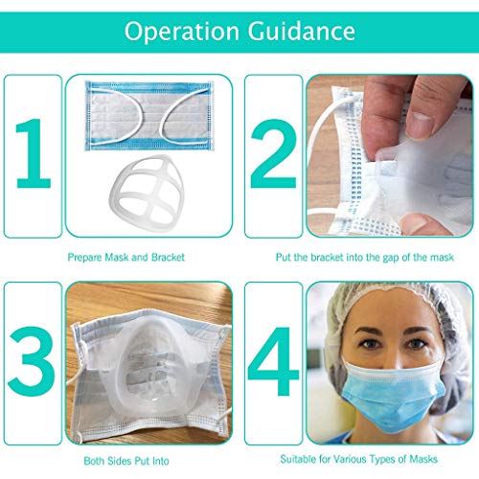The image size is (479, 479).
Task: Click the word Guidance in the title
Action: (304, 33)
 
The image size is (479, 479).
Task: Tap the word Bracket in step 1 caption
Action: (166, 258)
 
